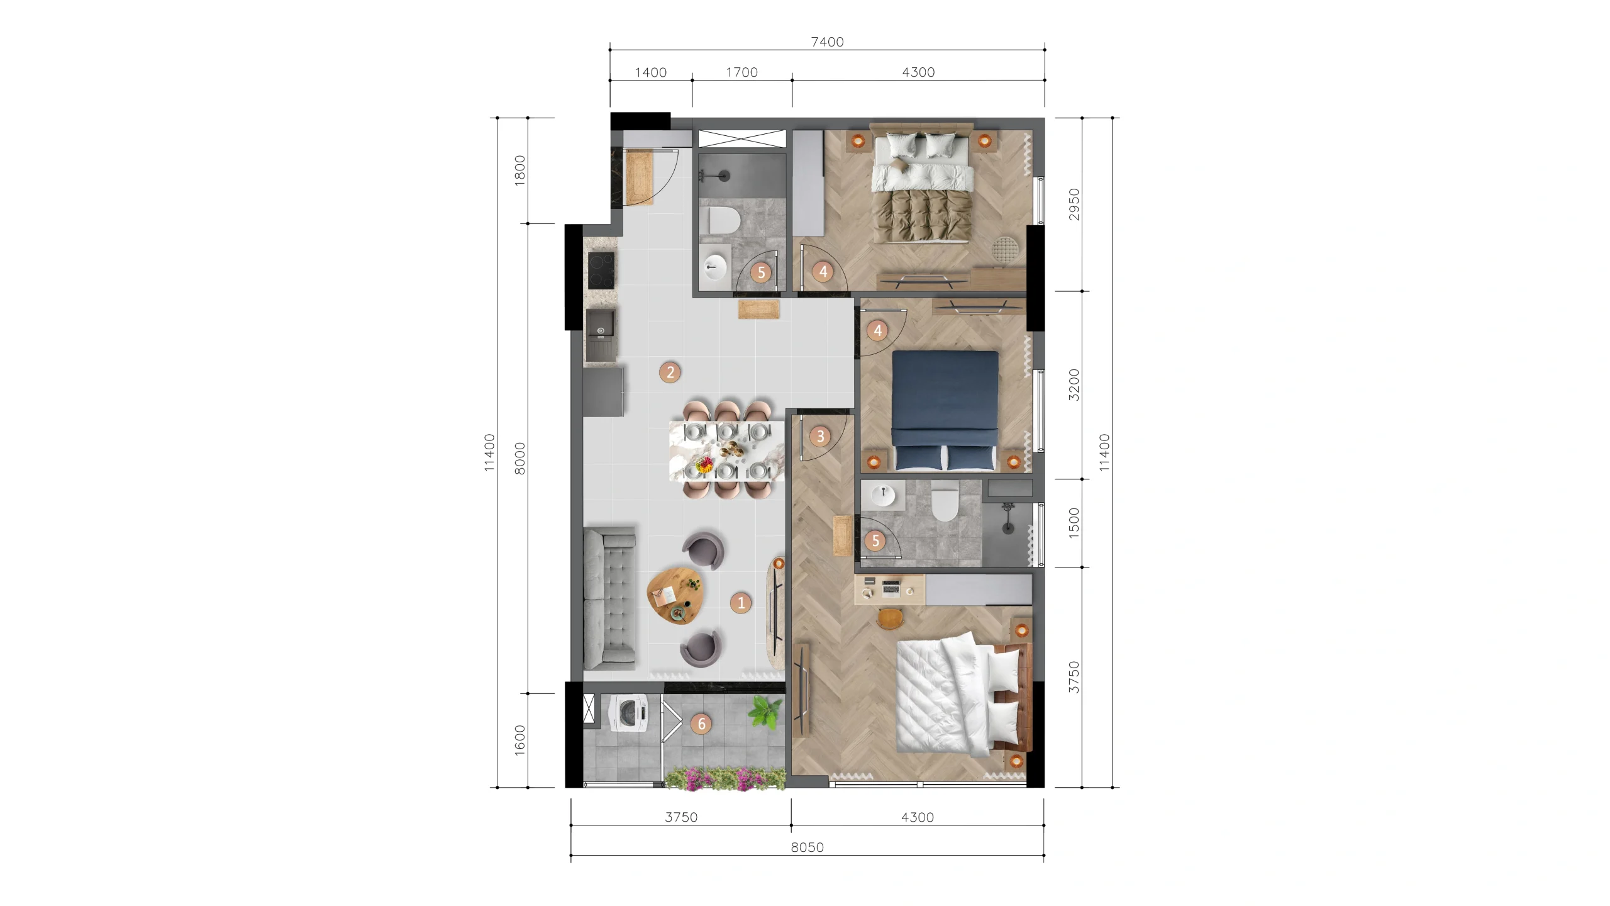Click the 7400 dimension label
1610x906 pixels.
(x=827, y=42)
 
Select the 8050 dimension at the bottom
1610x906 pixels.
(x=807, y=847)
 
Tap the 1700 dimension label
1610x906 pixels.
(x=741, y=72)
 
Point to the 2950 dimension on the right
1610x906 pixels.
(x=1074, y=204)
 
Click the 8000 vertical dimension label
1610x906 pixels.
(x=519, y=459)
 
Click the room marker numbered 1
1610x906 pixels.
(x=741, y=603)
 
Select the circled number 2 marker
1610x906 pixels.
(x=670, y=372)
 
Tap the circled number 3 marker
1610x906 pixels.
(x=820, y=436)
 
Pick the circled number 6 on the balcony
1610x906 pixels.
(x=701, y=724)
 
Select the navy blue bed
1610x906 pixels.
(x=945, y=410)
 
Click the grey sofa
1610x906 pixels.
(x=169, y=598)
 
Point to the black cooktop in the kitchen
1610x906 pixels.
(x=161, y=270)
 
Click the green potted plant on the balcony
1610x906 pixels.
(x=765, y=712)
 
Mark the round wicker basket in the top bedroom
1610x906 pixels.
(x=1004, y=248)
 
